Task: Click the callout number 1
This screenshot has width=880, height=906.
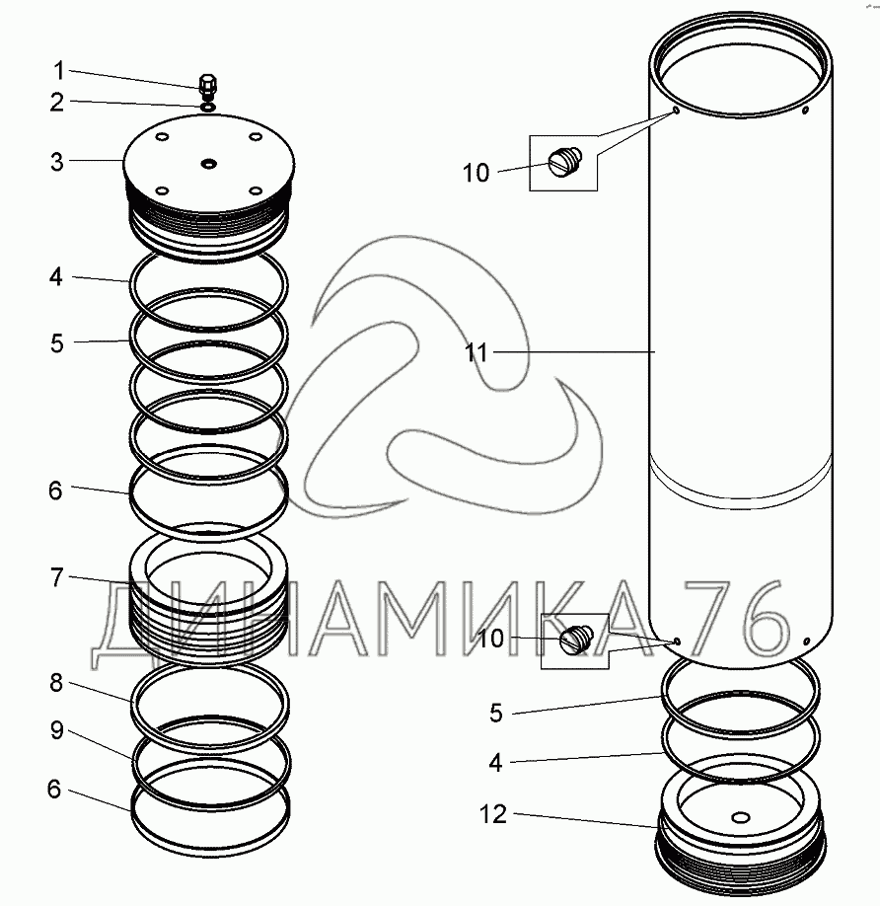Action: (58, 71)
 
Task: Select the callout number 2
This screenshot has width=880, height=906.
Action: (56, 103)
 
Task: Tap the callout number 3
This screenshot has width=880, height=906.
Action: (56, 162)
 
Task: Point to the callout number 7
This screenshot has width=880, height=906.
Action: (56, 577)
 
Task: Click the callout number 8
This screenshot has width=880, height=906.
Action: (56, 683)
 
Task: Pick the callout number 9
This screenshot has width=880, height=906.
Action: (56, 730)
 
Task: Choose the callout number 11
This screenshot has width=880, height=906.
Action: (477, 352)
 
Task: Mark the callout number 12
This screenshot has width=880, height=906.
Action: (493, 814)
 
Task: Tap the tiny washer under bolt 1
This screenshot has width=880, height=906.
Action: (208, 107)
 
